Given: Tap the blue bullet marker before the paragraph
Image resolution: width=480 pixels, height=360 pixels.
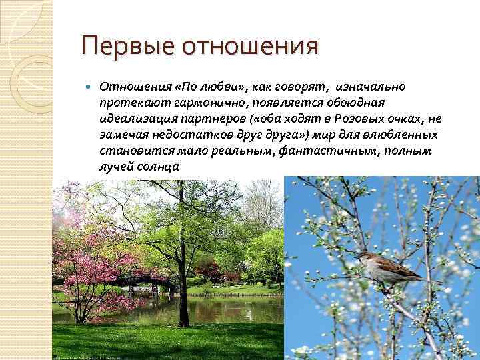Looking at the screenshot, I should coord(90,87).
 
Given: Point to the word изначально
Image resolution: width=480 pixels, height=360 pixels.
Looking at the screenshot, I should coord(371,87).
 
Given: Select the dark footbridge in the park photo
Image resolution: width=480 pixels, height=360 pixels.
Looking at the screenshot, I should coord(151,281).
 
